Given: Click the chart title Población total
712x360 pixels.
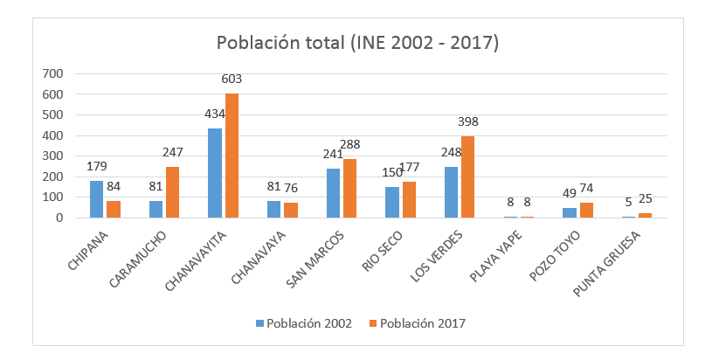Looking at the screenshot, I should coord(356,43).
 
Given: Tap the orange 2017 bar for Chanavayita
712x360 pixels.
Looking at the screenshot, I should coord(232,156).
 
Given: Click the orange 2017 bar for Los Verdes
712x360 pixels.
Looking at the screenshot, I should coord(468,177).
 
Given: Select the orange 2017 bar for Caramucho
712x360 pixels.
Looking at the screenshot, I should coord(172,192).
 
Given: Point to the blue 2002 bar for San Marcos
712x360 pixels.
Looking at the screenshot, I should coord(333,193).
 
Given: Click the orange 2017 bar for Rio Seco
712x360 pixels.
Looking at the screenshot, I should coord(409,200).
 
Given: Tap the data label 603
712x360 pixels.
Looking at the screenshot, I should coord(232,80).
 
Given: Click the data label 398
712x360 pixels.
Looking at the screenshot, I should coord(468,122).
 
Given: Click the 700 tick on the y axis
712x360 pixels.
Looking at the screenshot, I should coord(52,73).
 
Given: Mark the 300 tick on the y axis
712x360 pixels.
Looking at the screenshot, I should coord(52,156).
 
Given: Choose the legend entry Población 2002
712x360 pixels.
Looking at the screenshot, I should coord(306,323).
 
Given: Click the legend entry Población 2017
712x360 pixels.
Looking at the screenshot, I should coord(419,323).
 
